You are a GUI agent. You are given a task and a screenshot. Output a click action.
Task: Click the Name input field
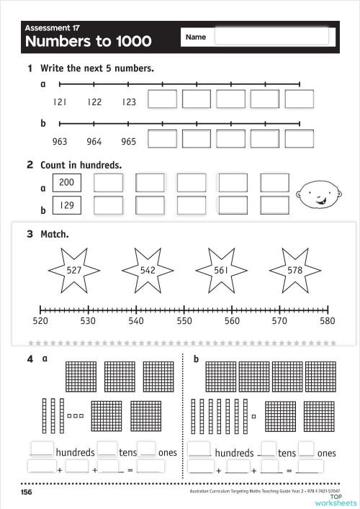[271, 37]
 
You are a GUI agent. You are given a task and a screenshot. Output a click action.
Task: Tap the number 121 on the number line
[60, 102]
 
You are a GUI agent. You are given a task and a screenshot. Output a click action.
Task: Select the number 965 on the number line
[128, 142]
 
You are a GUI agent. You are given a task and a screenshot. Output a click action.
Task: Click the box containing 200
[67, 183]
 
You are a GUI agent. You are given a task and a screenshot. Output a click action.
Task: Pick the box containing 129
[67, 206]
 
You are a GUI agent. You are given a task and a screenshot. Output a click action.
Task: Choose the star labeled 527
[73, 270]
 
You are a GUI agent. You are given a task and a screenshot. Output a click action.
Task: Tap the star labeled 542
[148, 270]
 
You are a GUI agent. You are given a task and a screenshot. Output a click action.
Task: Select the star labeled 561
[221, 270]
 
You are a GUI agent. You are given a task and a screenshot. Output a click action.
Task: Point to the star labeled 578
[294, 270]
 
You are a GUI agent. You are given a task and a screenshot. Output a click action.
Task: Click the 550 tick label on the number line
[184, 321]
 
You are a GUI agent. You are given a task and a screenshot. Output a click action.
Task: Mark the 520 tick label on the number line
[41, 321]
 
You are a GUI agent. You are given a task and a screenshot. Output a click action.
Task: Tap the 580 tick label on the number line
[328, 321]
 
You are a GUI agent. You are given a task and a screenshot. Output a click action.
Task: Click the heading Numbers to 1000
[89, 42]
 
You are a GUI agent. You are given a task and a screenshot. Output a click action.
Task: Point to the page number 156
[26, 492]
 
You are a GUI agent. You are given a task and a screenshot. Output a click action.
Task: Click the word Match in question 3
[55, 235]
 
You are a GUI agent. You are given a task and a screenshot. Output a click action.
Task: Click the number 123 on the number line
[128, 102]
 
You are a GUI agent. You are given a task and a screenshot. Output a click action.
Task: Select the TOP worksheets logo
[336, 499]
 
